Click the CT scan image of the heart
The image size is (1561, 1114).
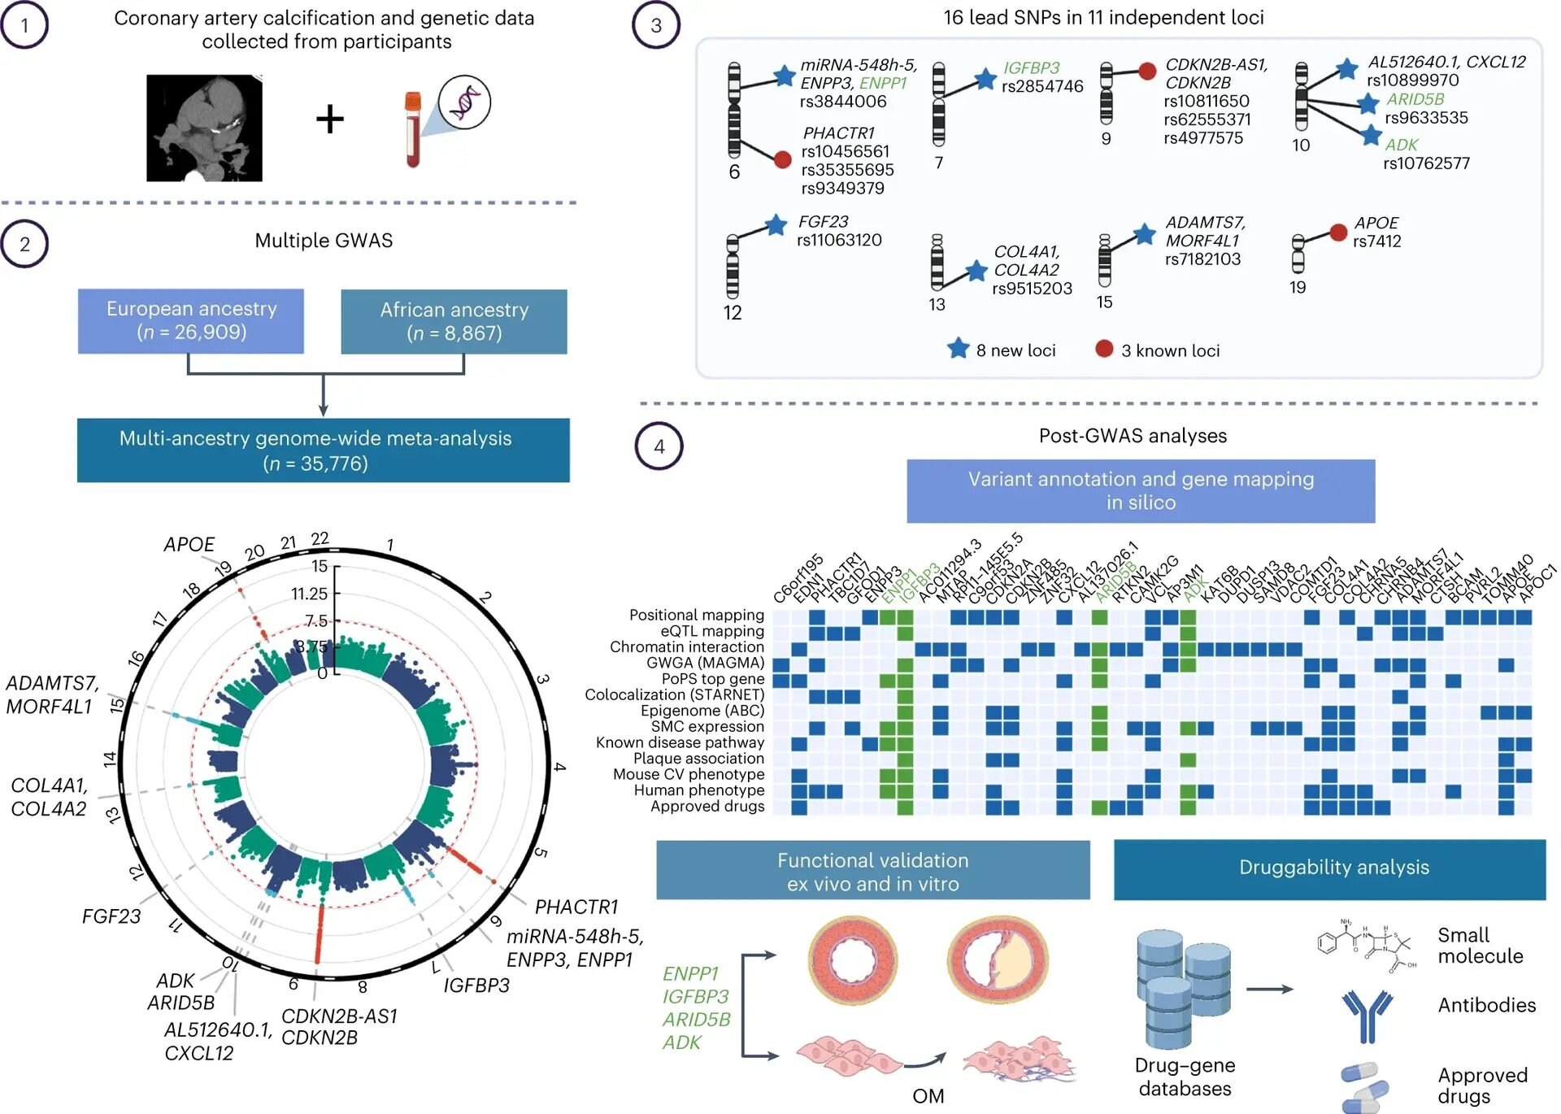204,128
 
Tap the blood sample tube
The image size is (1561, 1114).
413,129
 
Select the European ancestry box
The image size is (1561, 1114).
191,321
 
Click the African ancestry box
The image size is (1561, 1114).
454,322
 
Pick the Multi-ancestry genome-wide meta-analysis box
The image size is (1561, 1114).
323,450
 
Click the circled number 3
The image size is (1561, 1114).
656,25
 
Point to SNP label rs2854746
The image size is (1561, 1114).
1042,86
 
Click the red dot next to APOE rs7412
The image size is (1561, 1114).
1338,233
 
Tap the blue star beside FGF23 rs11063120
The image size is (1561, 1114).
776,225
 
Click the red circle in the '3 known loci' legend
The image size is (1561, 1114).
1104,349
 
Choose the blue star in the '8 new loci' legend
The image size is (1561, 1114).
959,349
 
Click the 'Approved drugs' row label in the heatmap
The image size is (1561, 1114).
707,807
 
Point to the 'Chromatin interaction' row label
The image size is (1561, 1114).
687,647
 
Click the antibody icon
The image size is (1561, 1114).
1367,1015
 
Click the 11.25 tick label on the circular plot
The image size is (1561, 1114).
310,594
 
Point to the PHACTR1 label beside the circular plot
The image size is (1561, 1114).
576,907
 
